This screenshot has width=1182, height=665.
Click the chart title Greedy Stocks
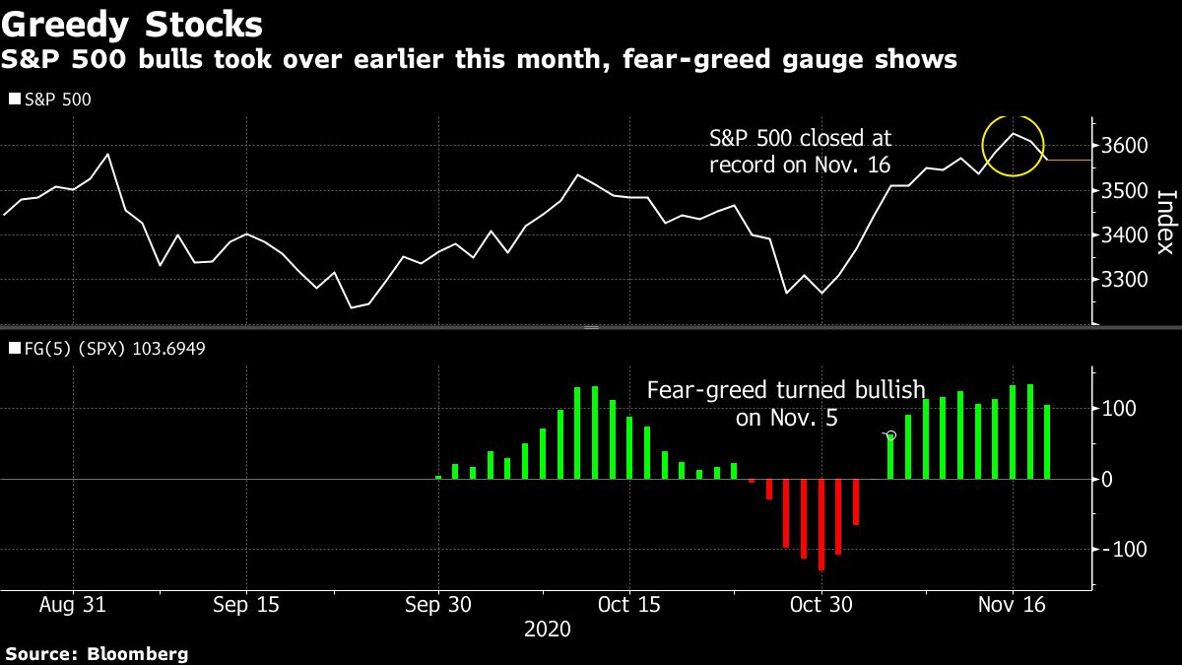point(133,23)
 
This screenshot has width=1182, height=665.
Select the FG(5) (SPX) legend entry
point(107,348)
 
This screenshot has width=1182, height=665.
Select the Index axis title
point(1164,223)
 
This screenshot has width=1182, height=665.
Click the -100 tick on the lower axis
point(1123,549)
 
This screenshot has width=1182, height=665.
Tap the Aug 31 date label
point(72,604)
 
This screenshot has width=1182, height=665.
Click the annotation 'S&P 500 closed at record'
point(800,151)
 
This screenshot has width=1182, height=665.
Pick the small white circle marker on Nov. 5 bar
point(891,434)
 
